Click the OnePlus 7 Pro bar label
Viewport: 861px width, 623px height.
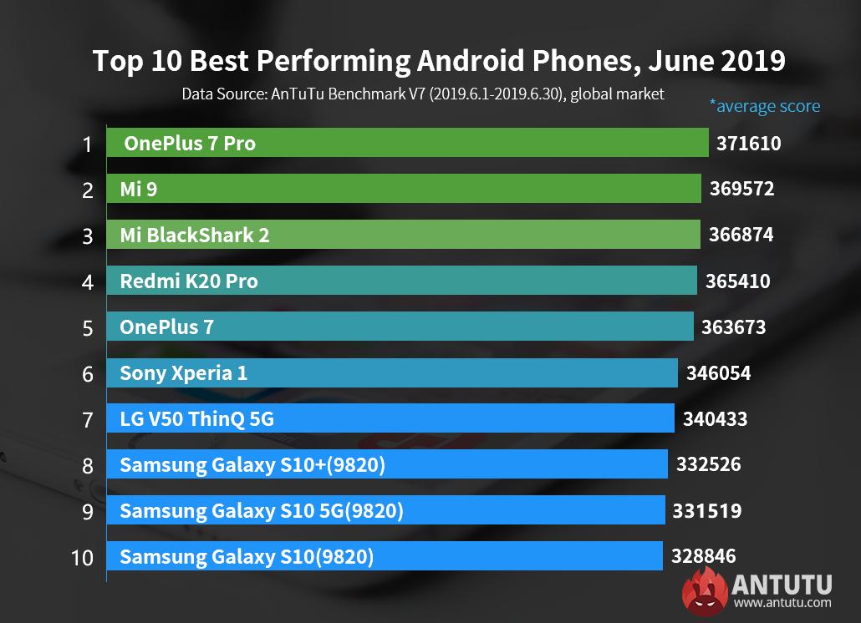[190, 144]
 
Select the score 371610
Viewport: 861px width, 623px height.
[748, 144]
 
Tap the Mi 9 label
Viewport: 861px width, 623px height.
[139, 190]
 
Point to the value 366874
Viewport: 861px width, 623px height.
[741, 236]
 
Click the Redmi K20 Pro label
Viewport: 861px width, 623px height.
[189, 281]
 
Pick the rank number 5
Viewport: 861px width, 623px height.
[88, 327]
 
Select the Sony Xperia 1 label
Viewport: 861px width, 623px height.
[184, 373]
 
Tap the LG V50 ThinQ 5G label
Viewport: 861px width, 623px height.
[197, 419]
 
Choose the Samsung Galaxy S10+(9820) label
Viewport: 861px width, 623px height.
[252, 465]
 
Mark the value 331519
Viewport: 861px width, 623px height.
[706, 510]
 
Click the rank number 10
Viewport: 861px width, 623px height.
[83, 557]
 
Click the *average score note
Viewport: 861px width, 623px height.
[764, 106]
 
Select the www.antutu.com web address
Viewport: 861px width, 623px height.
[782, 602]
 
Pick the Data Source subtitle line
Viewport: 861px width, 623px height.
[423, 94]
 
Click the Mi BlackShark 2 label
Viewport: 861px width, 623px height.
[195, 236]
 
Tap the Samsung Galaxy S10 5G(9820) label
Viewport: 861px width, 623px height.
[261, 510]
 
